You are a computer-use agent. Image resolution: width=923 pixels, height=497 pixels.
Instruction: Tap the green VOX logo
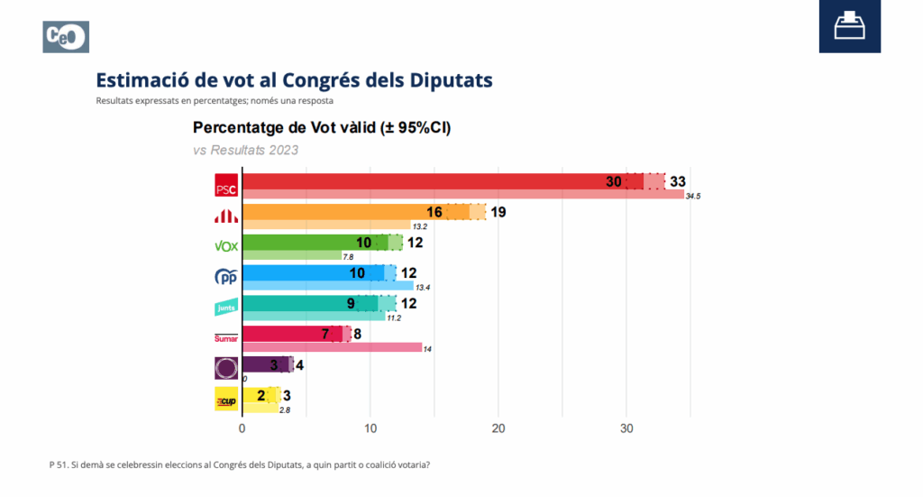point(225,245)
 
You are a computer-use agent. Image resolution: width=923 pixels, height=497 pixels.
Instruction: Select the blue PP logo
point(225,277)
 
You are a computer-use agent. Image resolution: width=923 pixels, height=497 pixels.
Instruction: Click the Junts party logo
point(225,308)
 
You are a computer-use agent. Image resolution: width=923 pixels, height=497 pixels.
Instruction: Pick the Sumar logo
point(225,338)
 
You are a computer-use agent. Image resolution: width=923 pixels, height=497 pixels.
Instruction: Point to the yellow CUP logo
point(225,399)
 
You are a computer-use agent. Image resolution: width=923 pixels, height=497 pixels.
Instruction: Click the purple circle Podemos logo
point(225,368)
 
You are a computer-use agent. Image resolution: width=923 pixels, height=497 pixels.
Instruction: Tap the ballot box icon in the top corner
point(849,26)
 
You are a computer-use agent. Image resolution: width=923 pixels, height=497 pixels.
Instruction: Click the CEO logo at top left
point(66,37)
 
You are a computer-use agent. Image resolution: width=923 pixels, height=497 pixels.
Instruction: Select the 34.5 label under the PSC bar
point(692,196)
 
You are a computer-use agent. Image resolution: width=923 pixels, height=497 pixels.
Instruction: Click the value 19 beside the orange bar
point(498,212)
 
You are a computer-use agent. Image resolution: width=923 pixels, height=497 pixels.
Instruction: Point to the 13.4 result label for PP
point(421,288)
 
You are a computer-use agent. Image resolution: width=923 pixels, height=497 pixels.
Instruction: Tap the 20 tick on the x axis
point(498,428)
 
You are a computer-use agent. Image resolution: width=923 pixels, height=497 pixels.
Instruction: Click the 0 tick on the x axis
point(242,428)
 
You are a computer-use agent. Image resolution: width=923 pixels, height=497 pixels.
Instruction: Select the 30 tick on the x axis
point(626,428)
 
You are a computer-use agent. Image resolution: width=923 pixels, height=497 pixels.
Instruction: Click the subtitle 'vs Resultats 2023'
point(245,150)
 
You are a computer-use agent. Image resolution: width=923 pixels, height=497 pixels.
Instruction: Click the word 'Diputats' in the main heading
point(452,80)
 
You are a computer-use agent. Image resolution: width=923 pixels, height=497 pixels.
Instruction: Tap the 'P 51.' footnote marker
point(59,465)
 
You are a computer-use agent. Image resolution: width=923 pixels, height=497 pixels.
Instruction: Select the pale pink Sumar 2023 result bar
point(334,347)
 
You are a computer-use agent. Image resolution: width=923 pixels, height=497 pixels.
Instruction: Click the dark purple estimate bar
point(266,364)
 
